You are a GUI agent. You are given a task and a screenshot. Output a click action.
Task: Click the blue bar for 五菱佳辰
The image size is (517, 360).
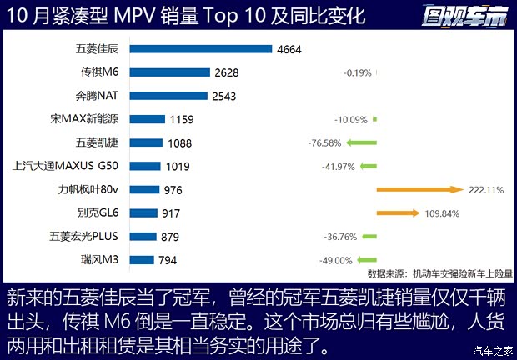point(201,49)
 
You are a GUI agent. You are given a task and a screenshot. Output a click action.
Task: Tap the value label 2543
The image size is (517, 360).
point(224,96)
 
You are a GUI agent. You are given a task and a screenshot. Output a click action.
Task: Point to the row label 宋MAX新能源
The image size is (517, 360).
point(86,119)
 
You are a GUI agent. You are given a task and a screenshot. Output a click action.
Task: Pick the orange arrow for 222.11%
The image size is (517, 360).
point(419,190)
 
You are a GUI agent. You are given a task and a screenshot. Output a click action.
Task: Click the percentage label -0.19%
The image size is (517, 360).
point(357,72)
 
